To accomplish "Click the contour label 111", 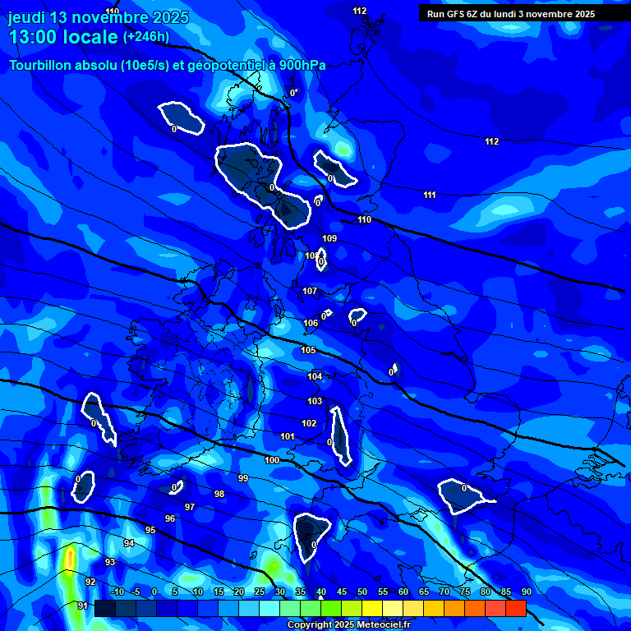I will [429, 195].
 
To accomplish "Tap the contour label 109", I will [329, 238].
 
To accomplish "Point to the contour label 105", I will [308, 350].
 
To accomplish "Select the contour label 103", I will [315, 401].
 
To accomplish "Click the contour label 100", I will [272, 460].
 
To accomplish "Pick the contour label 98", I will [219, 494].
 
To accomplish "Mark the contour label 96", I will [170, 518].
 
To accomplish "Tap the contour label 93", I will [110, 562].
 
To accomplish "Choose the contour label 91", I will [82, 606].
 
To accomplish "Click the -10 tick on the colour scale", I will [117, 592].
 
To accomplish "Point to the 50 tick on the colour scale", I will [362, 592].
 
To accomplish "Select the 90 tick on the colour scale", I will [526, 592].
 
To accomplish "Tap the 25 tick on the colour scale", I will [260, 592].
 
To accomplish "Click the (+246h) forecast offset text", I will [146, 37].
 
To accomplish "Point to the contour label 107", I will [310, 292].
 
